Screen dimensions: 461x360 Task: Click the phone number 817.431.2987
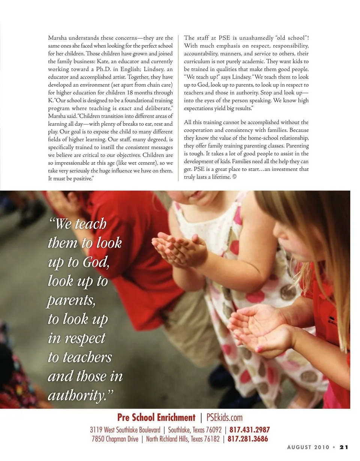click(249, 430)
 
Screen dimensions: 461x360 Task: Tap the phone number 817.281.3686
click(247, 439)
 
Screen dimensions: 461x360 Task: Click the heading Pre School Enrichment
click(156, 418)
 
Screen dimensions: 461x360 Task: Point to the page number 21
click(344, 447)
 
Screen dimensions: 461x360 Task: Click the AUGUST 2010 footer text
click(308, 447)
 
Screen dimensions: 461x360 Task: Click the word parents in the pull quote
click(71, 301)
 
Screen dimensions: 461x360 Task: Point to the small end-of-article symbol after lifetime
click(234, 177)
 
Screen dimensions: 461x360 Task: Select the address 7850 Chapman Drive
click(115, 439)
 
